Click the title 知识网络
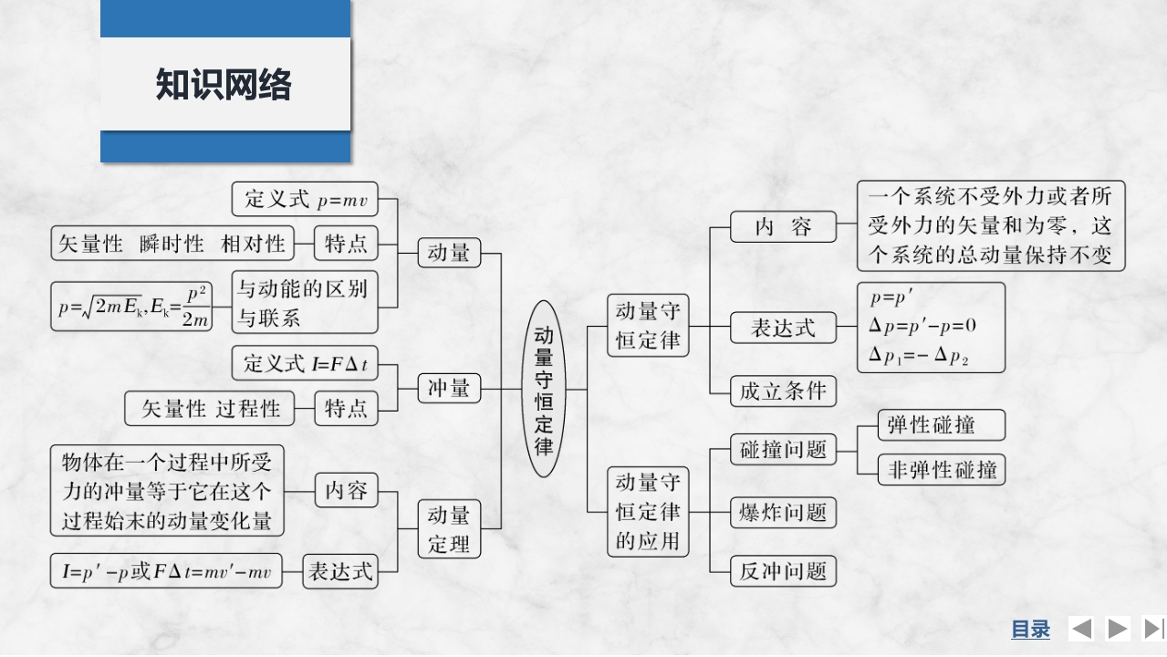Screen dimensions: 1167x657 pyautogui.click(x=224, y=85)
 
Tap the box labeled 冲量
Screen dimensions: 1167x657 pyautogui.click(x=448, y=389)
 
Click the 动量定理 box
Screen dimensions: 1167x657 pyautogui.click(x=448, y=529)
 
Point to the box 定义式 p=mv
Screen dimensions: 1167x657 pyautogui.click(x=304, y=199)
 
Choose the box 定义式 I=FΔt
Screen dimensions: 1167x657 pyautogui.click(x=304, y=364)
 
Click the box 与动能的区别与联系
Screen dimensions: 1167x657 pyautogui.click(x=304, y=303)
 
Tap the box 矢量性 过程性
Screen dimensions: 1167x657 pyautogui.click(x=210, y=408)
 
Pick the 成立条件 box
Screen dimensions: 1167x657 pyautogui.click(x=783, y=391)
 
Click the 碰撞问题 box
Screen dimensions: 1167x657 pyautogui.click(x=783, y=449)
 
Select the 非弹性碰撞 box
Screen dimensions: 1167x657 pyautogui.click(x=942, y=470)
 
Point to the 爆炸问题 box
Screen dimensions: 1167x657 pyautogui.click(x=783, y=512)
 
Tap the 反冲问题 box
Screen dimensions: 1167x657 pyautogui.click(x=783, y=571)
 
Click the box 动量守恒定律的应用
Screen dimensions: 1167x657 pyautogui.click(x=648, y=511)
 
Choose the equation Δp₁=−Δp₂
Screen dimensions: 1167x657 pyautogui.click(x=919, y=357)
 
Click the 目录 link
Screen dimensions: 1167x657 pyautogui.click(x=1030, y=629)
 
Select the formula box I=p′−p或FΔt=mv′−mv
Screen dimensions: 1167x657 pyautogui.click(x=166, y=572)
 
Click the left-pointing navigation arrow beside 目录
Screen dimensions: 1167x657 pyautogui.click(x=1081, y=629)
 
